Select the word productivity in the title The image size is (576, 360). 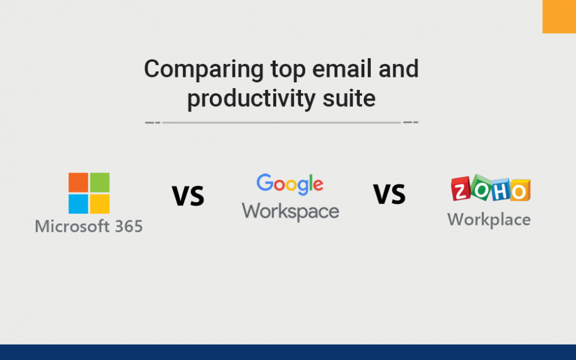[x=250, y=98]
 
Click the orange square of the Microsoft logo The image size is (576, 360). [x=78, y=183]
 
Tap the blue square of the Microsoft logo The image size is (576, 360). [x=78, y=204]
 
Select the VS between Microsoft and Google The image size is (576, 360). [x=188, y=196]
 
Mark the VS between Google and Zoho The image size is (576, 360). [x=389, y=194]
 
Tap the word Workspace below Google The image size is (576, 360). [x=290, y=211]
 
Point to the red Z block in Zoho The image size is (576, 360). [x=461, y=191]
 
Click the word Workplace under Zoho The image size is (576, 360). [x=488, y=220]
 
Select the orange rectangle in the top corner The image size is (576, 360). [x=559, y=16]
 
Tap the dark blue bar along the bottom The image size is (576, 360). [x=288, y=352]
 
